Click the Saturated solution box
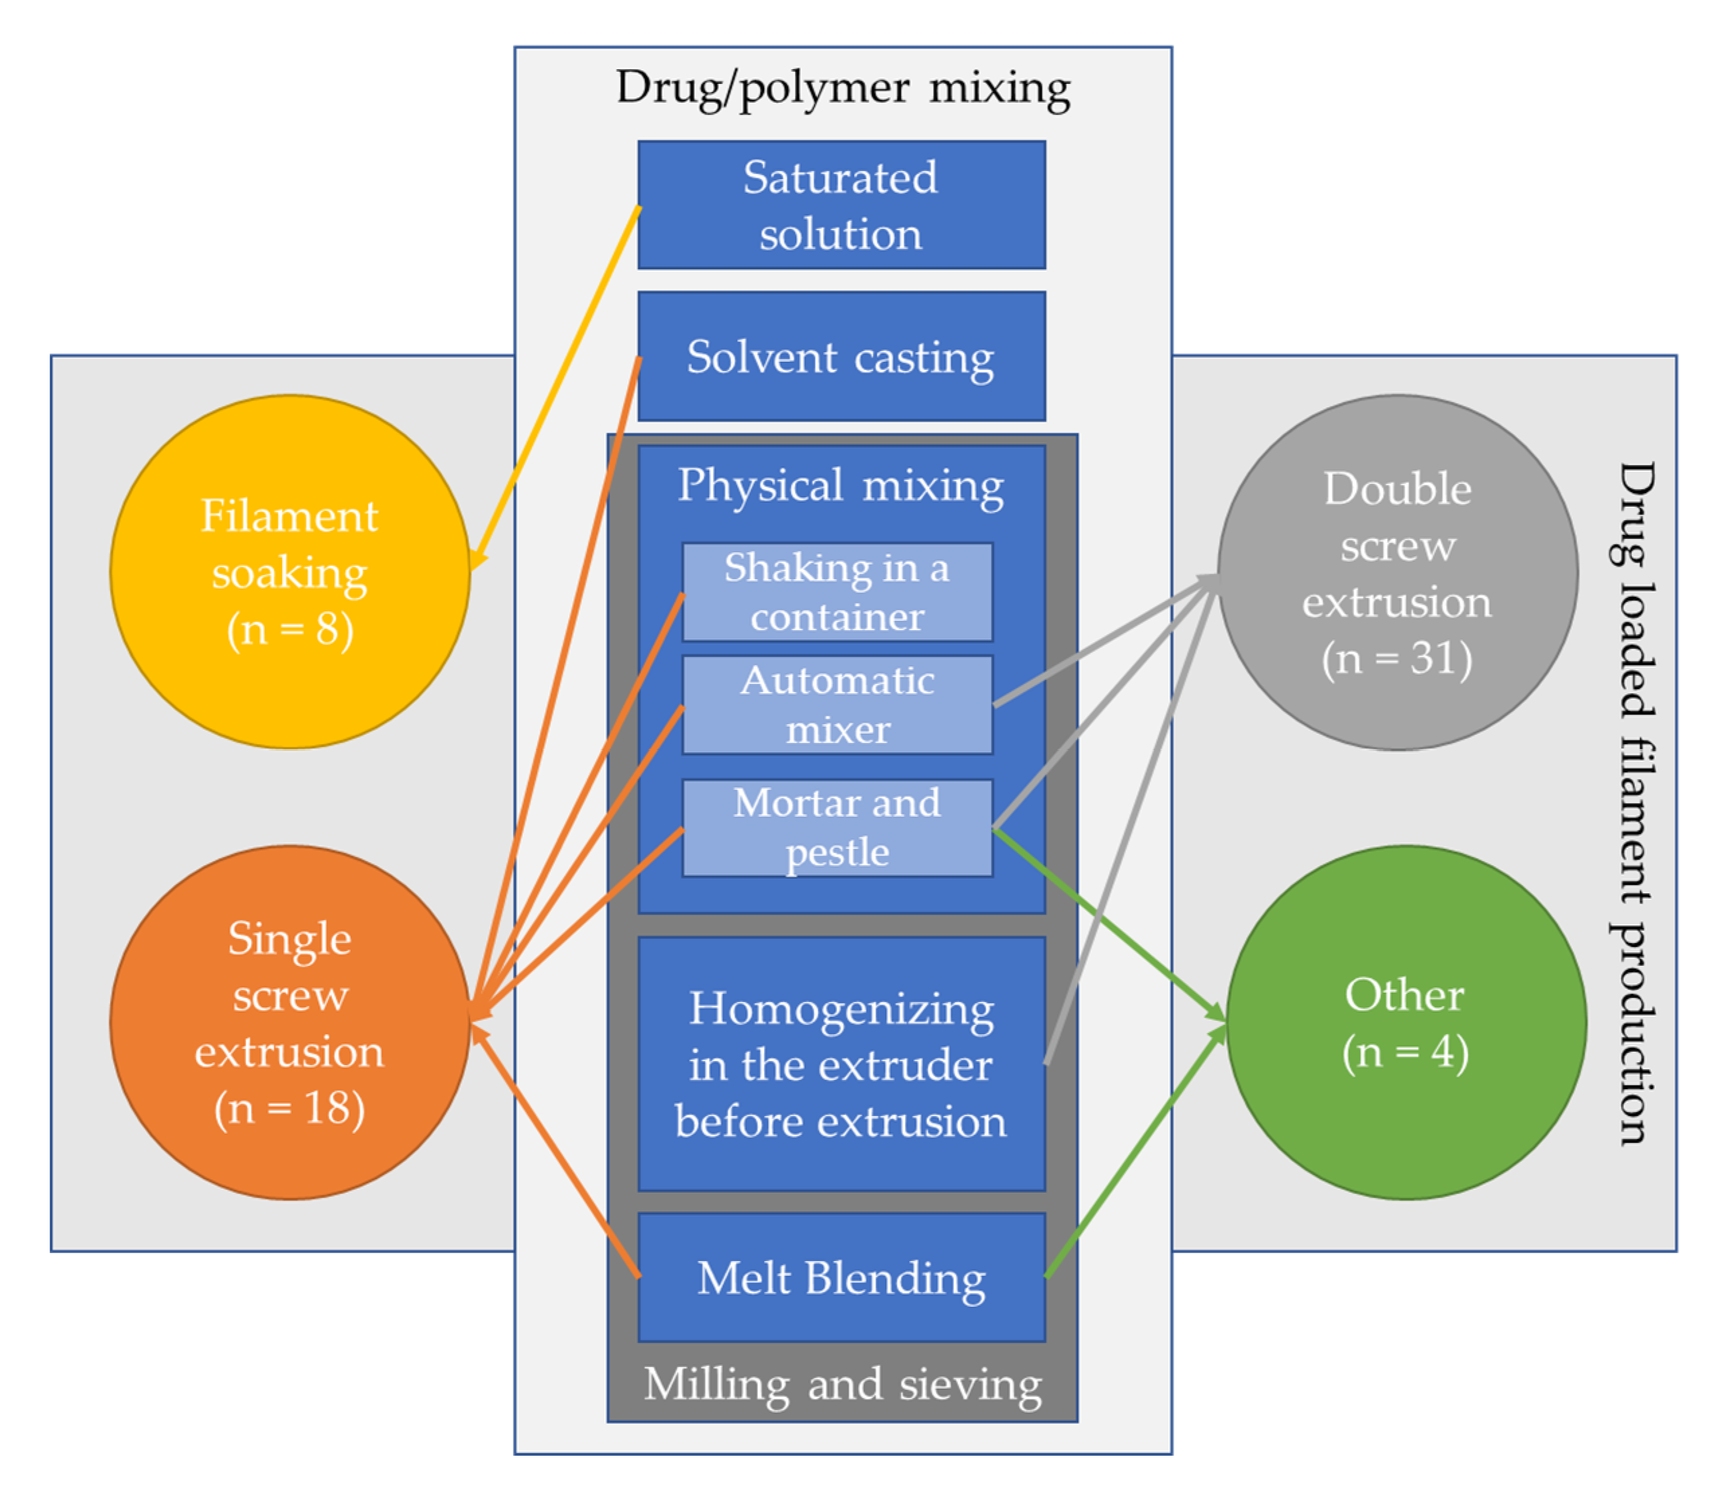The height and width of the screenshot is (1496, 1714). click(x=841, y=205)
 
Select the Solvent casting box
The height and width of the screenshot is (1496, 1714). click(x=841, y=356)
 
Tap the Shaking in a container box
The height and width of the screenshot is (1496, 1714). click(x=837, y=592)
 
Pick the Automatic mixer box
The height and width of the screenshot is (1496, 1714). click(x=837, y=705)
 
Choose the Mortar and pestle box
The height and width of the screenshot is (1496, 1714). click(x=837, y=828)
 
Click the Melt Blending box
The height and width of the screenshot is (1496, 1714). click(x=841, y=1277)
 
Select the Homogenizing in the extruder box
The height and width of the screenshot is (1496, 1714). click(x=841, y=1064)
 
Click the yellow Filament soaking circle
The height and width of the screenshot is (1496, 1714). click(x=290, y=572)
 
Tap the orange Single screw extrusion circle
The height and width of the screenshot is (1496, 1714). click(x=290, y=1023)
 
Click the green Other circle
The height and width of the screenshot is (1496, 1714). click(x=1405, y=1023)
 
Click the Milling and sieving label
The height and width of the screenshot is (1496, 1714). click(x=843, y=1384)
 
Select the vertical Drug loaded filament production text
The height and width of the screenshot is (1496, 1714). click(x=1634, y=801)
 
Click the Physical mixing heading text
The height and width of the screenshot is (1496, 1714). click(x=840, y=485)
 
